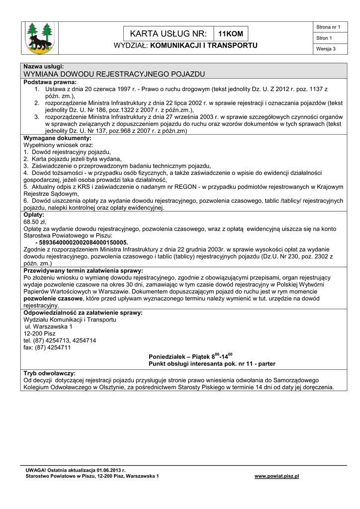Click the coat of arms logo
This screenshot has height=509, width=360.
40,38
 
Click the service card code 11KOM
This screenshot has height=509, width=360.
230,34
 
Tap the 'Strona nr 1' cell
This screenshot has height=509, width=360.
328,27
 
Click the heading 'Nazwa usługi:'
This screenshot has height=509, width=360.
44,67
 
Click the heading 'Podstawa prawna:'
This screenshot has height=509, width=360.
50,82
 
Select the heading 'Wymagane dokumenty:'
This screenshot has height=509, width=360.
58,138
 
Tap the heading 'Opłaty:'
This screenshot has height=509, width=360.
34,215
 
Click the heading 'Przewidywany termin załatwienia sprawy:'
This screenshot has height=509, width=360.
84,270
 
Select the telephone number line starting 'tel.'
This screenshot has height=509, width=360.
60,340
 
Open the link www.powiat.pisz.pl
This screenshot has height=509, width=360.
276,476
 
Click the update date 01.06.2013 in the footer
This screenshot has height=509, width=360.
109,470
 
